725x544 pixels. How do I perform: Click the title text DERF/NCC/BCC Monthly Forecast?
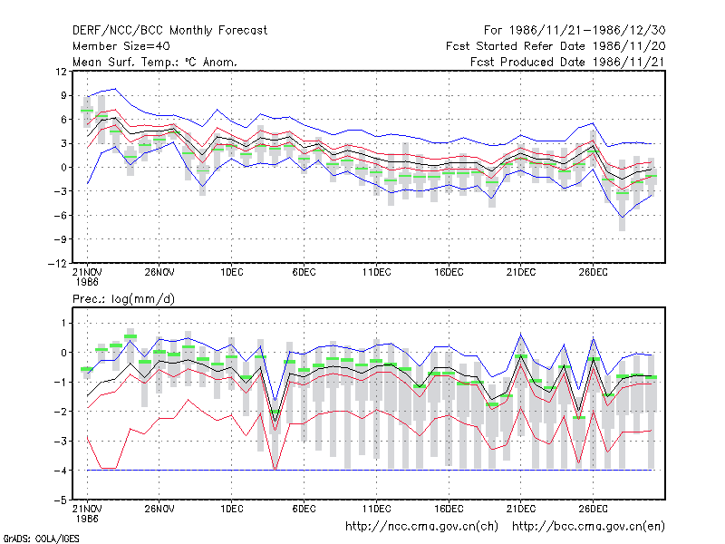coord(169,31)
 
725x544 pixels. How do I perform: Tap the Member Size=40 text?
coord(121,46)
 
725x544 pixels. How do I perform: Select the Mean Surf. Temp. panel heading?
coord(154,62)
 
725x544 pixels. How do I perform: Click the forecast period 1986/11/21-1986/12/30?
coord(575,31)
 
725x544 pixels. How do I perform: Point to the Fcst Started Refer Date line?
coord(556,46)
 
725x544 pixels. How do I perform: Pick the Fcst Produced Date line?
coord(567,62)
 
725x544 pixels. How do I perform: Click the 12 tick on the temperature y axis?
coord(61,72)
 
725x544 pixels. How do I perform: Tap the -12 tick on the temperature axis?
coord(57,263)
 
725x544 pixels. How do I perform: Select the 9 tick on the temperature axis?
coord(63,95)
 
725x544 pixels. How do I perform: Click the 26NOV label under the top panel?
coord(159,272)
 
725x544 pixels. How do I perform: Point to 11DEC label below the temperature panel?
coord(376,272)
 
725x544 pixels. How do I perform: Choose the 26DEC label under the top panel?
coord(594,272)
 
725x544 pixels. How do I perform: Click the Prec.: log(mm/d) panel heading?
coord(123,299)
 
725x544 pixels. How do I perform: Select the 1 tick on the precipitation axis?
coord(63,323)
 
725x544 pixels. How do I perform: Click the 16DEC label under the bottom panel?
coord(449,509)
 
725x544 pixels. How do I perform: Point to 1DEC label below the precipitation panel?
coord(232,509)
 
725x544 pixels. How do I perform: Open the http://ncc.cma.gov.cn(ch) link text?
coord(421,527)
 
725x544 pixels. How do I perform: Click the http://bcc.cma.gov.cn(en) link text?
coord(588,527)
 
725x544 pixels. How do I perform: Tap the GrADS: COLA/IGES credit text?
coord(41,539)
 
